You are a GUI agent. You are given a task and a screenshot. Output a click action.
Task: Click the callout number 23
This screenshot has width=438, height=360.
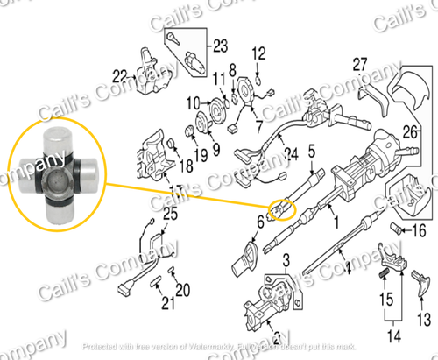219,46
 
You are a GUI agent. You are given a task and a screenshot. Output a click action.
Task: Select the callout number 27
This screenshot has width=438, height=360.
359,63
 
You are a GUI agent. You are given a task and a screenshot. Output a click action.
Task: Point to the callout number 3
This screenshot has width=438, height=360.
285,260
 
